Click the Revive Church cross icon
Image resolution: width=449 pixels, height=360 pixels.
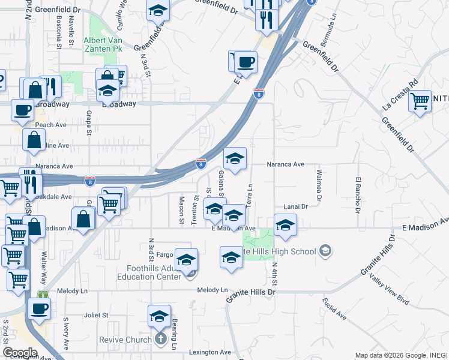tap(160, 340)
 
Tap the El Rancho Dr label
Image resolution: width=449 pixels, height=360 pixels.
tap(358, 195)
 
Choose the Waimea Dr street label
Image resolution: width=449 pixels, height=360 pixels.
tap(318, 185)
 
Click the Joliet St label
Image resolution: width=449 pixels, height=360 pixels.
tap(95, 314)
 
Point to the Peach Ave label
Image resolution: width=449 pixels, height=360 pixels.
tap(51, 125)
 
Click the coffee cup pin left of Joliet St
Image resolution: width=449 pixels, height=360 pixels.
tap(40, 308)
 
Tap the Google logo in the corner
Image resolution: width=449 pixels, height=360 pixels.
tap(20, 353)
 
